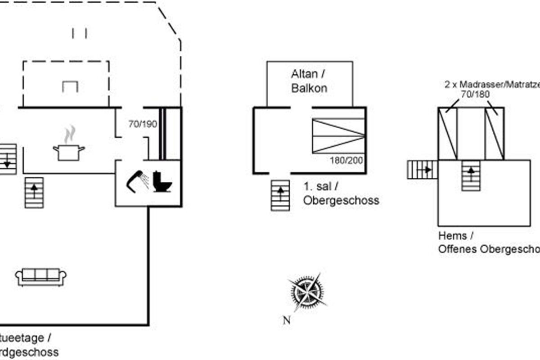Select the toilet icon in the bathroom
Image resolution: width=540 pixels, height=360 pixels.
pyautogui.click(x=162, y=182)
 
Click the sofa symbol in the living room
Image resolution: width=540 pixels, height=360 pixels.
pyautogui.click(x=41, y=277)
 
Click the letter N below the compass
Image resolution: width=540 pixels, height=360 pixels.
pyautogui.click(x=286, y=320)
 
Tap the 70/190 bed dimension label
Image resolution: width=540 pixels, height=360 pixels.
pyautogui.click(x=142, y=124)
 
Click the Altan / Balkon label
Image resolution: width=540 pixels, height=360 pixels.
pyautogui.click(x=309, y=81)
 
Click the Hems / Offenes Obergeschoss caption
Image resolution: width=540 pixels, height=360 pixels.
pyautogui.click(x=488, y=242)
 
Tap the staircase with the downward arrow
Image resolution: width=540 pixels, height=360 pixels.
pyautogui.click(x=8, y=159)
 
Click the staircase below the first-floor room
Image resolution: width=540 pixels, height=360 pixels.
pyautogui.click(x=280, y=195)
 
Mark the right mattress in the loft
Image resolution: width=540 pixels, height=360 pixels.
pyautogui.click(x=495, y=134)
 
